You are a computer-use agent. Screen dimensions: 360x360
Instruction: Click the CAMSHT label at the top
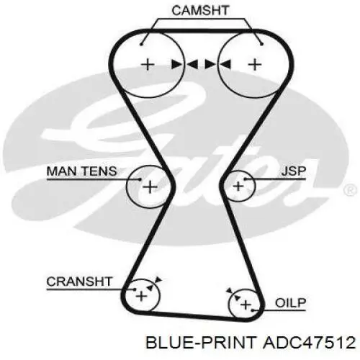(x=200, y=11)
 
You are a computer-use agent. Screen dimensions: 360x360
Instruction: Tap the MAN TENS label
(x=82, y=171)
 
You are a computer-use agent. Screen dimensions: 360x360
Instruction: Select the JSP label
(x=294, y=171)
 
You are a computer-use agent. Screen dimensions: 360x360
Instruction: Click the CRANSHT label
(x=79, y=282)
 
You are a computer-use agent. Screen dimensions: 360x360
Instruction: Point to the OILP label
(x=291, y=303)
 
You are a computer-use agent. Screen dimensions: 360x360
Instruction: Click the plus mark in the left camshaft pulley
(x=148, y=65)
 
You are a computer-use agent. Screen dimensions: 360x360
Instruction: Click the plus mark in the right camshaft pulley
(x=255, y=65)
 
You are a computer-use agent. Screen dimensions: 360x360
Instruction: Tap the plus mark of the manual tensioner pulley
(x=150, y=187)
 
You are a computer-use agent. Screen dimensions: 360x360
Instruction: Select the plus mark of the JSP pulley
(x=238, y=186)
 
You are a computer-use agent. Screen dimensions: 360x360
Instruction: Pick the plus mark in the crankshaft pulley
(x=141, y=296)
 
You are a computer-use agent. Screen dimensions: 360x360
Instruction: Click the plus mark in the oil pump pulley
(x=246, y=305)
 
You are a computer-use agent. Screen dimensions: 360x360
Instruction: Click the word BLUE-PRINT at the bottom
(x=201, y=343)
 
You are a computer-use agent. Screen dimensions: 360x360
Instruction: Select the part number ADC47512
(x=309, y=343)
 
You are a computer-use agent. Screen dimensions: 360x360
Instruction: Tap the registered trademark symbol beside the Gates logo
(x=350, y=190)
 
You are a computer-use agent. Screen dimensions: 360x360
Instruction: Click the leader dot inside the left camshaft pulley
(x=141, y=44)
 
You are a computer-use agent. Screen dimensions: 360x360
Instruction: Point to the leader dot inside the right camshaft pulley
(x=262, y=44)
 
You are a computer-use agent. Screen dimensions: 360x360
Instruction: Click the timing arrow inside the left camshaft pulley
(x=176, y=65)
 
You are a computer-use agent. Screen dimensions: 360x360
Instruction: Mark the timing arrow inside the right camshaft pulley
(x=225, y=65)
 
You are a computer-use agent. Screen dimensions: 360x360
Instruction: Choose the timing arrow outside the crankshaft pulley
(x=158, y=279)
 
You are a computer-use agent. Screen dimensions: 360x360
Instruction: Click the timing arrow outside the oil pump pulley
(x=230, y=291)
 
